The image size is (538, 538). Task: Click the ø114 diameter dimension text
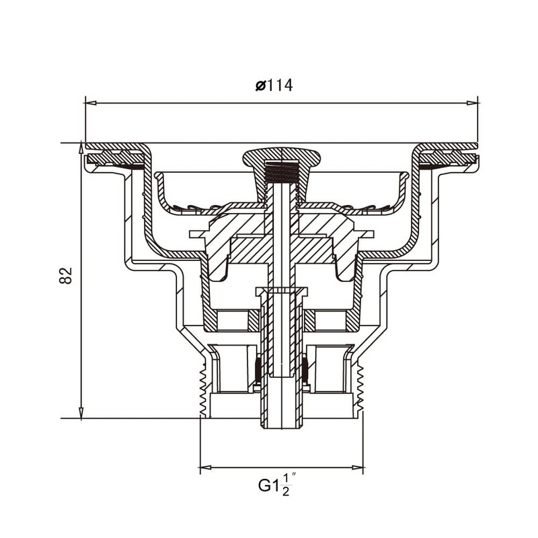pos(274,85)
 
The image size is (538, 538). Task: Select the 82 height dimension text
pos(65,275)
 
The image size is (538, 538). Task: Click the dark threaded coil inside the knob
pos(280,173)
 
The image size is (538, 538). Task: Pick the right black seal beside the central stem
pos(305,369)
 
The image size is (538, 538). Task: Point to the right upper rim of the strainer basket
pos(405,176)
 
